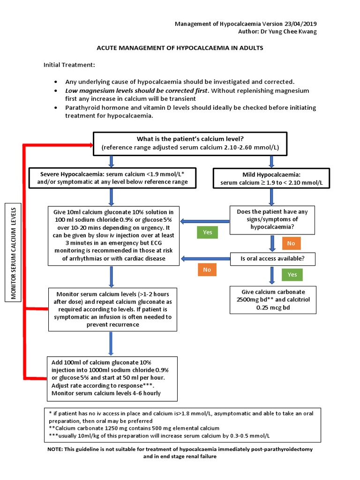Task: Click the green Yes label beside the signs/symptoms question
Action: pyautogui.click(x=208, y=232)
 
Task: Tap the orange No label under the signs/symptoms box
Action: pyautogui.click(x=291, y=243)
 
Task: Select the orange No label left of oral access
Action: pyautogui.click(x=207, y=270)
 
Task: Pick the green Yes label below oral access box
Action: pyautogui.click(x=292, y=274)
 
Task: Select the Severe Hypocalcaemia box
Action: pyautogui.click(x=111, y=178)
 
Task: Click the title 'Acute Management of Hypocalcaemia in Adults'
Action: pyautogui.click(x=180, y=48)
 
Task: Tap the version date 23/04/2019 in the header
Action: pyautogui.click(x=304, y=23)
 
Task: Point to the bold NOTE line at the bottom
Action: pyautogui.click(x=180, y=452)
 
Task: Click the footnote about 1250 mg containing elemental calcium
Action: pyautogui.click(x=135, y=428)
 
